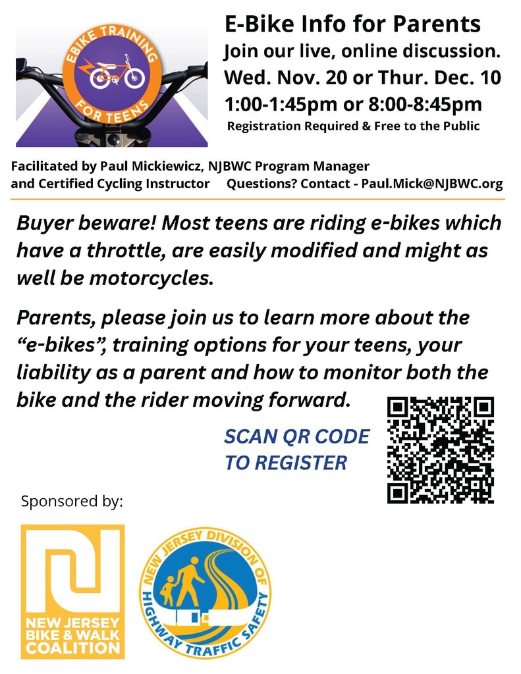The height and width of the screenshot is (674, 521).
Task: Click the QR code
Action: [440, 450]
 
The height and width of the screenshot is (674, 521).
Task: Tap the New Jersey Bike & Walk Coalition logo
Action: [72, 591]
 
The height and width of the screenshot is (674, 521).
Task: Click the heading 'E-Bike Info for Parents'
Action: [352, 25]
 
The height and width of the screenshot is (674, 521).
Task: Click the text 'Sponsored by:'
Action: [72, 502]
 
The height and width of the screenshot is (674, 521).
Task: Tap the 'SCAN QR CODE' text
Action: [297, 437]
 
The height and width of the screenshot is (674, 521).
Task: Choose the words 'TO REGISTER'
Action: [285, 463]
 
